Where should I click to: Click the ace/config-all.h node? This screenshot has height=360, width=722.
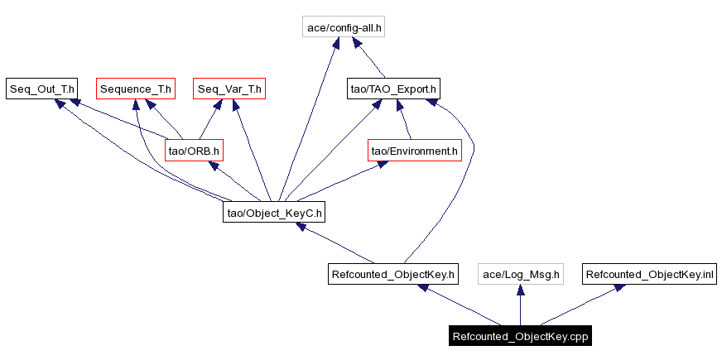[x=344, y=27]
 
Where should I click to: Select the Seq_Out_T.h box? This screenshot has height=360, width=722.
[x=41, y=88]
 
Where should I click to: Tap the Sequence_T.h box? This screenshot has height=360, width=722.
[x=136, y=88]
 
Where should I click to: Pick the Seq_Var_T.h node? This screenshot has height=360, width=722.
[x=229, y=88]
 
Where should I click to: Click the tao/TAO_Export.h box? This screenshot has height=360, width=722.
[x=393, y=88]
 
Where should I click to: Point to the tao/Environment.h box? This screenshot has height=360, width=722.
[x=414, y=151]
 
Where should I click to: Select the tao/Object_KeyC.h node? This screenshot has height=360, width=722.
[x=274, y=213]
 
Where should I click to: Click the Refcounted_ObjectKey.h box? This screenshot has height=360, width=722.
[x=392, y=274]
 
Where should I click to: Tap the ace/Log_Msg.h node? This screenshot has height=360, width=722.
[x=521, y=274]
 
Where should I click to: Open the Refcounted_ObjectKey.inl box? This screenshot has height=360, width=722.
[x=649, y=274]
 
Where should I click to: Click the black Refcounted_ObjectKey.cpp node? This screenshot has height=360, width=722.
[x=520, y=336]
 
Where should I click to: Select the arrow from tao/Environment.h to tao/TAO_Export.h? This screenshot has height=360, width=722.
[x=404, y=120]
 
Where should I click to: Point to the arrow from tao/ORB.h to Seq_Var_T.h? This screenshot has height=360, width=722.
[x=212, y=120]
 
